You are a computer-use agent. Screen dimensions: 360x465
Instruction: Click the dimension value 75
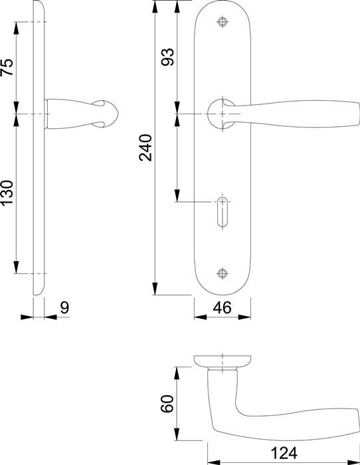7,67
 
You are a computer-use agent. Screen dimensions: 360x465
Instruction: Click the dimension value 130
7,193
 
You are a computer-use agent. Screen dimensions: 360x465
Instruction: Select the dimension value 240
145,147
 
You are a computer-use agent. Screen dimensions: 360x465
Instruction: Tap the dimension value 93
167,56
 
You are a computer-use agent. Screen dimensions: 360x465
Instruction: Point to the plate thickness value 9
64,308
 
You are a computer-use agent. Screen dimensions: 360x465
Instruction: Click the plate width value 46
222,308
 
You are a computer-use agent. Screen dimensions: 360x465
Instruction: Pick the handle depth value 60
167,404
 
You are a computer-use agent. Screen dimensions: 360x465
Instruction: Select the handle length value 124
284,453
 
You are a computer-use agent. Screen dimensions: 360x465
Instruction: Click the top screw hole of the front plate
223,22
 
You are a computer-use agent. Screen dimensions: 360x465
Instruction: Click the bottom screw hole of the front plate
223,273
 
